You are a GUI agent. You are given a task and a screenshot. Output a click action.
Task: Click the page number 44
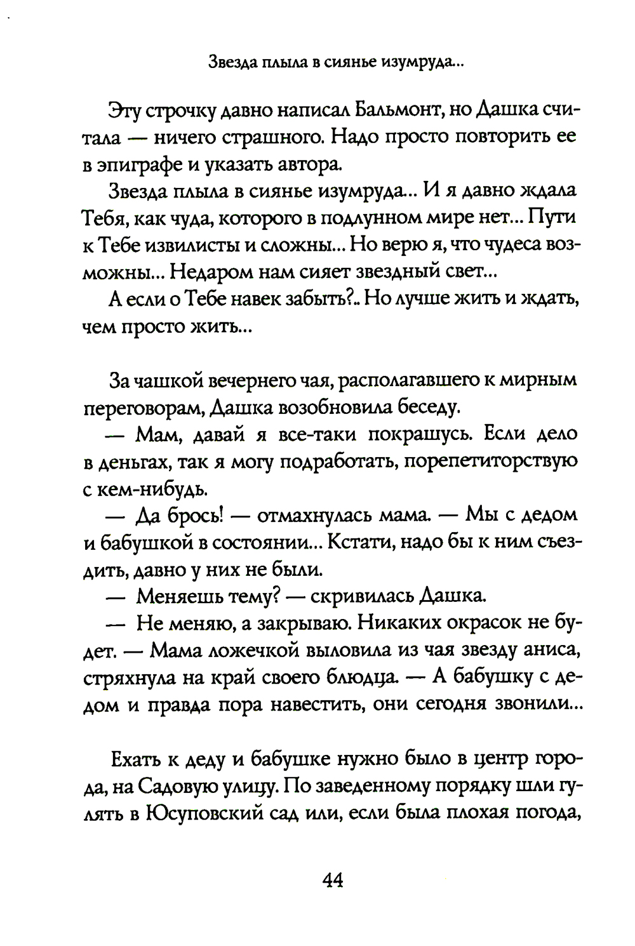pos(333,881)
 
